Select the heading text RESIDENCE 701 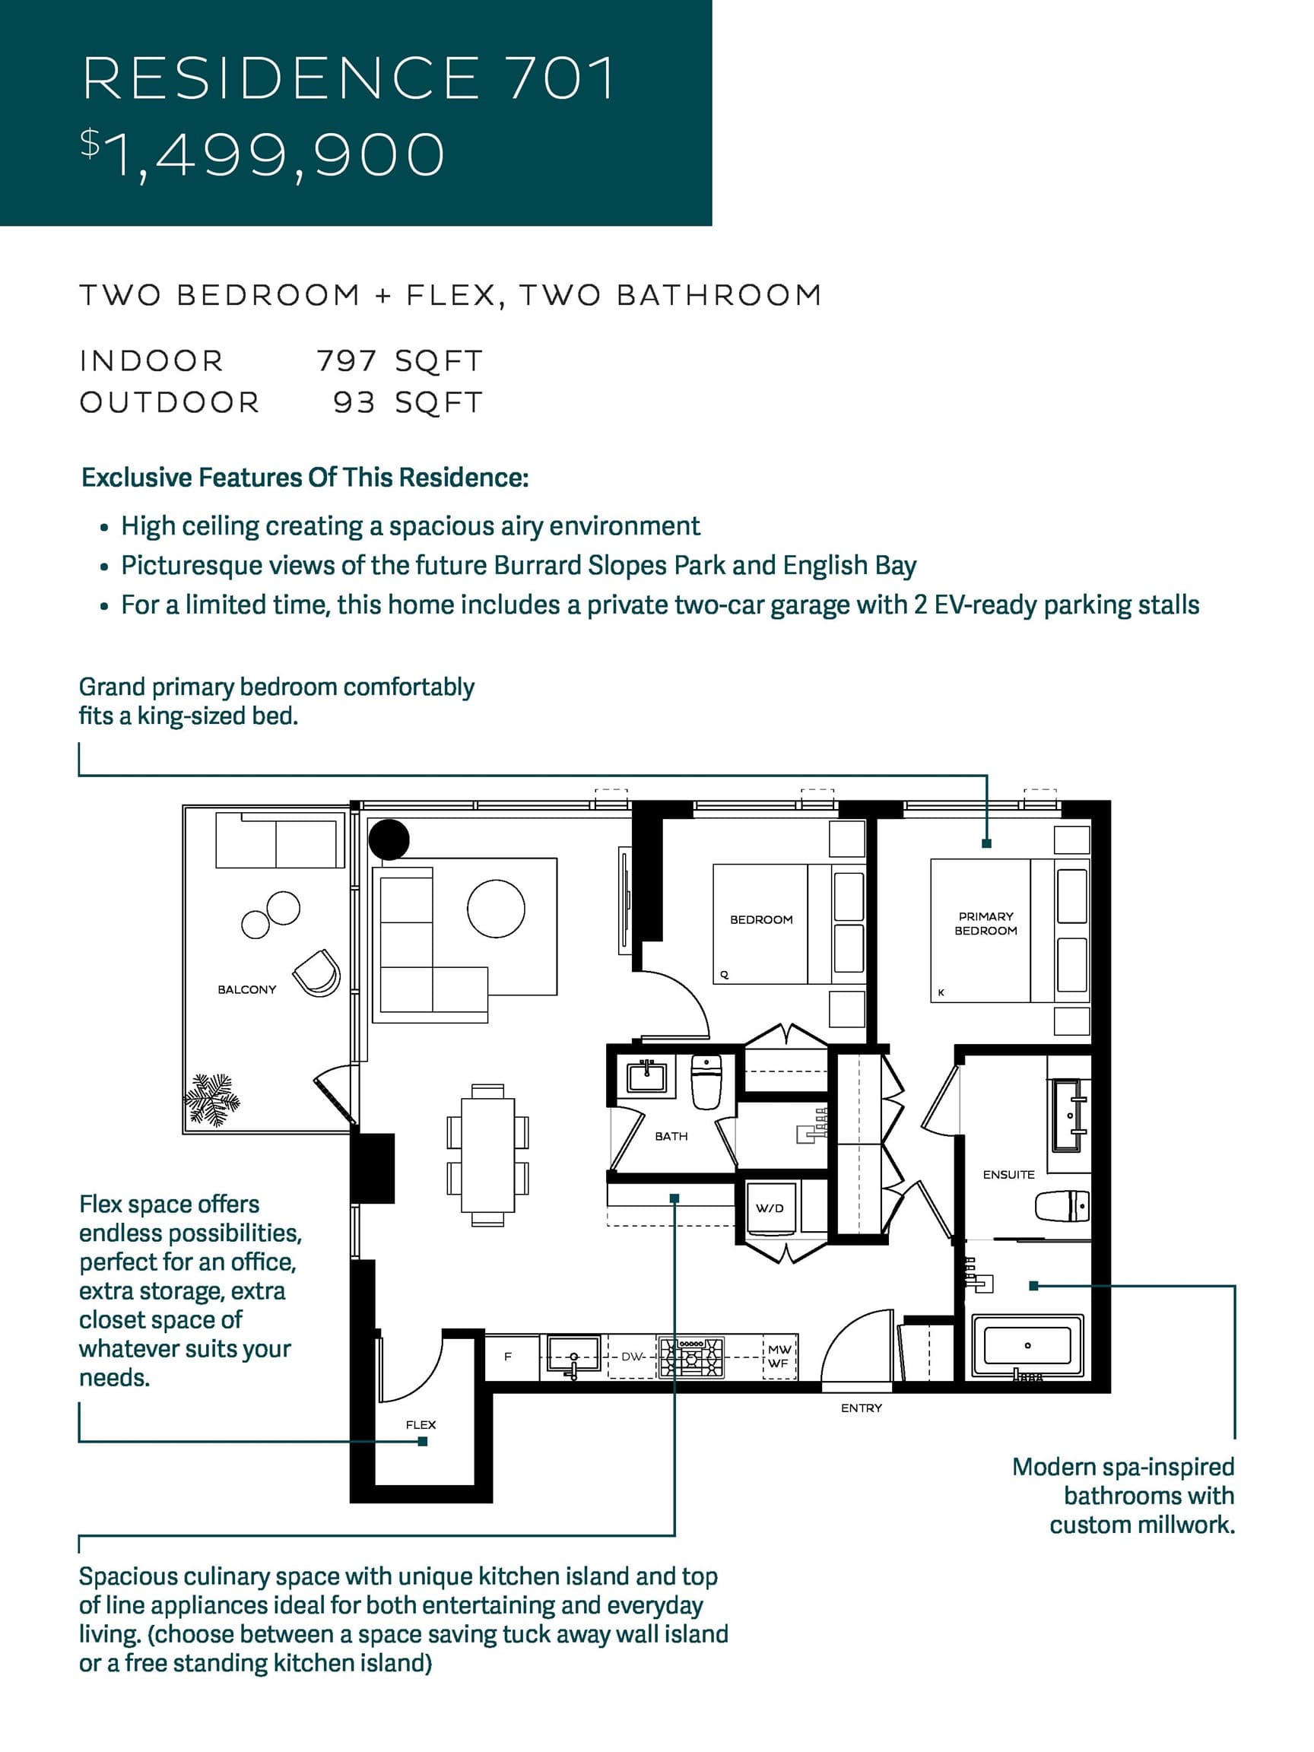click(x=348, y=78)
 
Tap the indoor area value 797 click(x=346, y=361)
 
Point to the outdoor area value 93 click(x=354, y=402)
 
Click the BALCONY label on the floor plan click(x=247, y=989)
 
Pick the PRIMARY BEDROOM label click(x=985, y=923)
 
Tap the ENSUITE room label click(x=1008, y=1175)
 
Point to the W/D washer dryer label click(x=769, y=1208)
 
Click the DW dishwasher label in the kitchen click(x=631, y=1356)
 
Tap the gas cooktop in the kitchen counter click(x=691, y=1357)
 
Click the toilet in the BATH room click(x=706, y=1081)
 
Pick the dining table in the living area click(x=487, y=1155)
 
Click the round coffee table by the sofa click(x=496, y=909)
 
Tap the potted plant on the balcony click(x=211, y=1100)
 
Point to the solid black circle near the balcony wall click(x=389, y=839)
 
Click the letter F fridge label click(x=508, y=1356)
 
